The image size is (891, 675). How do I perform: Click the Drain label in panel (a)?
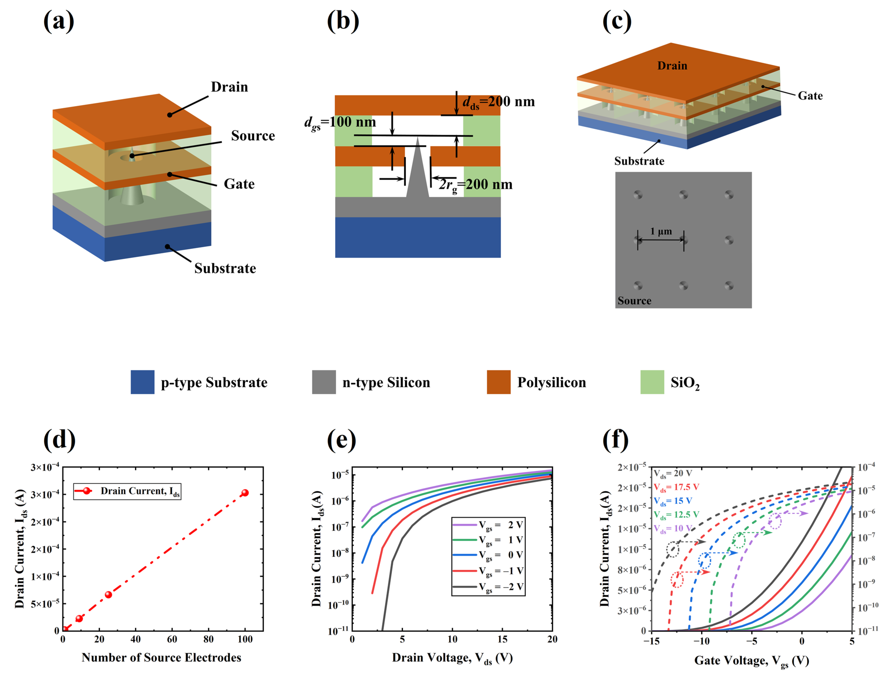[229, 87]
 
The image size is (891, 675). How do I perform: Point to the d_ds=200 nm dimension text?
[499, 102]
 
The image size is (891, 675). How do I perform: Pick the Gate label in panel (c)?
[810, 96]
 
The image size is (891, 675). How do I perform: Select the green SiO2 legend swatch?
[652, 382]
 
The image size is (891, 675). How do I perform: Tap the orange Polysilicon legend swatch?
[499, 382]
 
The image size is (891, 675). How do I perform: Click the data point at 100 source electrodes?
[244, 493]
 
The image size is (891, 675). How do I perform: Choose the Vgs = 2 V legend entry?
[488, 525]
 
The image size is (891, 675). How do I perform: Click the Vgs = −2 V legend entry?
[488, 587]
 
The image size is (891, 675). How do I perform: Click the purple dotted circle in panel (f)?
[775, 521]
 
